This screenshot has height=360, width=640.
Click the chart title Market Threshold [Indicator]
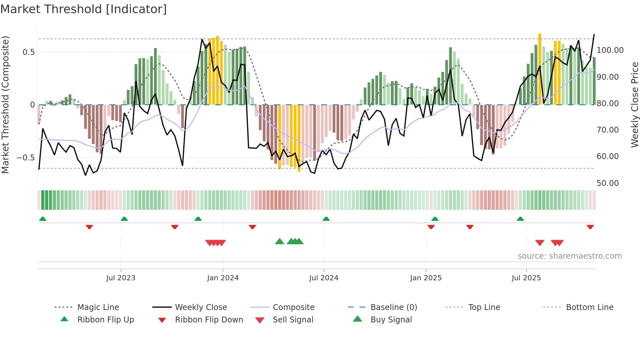pyautogui.click(x=84, y=9)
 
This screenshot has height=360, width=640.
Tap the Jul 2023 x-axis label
pyautogui.click(x=120, y=278)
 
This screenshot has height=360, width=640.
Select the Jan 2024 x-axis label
pyautogui.click(x=223, y=278)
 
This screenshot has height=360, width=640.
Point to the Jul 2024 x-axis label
pyautogui.click(x=324, y=278)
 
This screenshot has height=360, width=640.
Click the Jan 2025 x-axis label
pyautogui.click(x=426, y=278)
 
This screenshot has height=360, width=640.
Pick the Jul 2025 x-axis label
pyautogui.click(x=526, y=278)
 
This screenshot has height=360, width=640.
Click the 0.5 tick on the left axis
pyautogui.click(x=29, y=52)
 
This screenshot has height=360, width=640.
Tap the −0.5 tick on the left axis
pyautogui.click(x=26, y=158)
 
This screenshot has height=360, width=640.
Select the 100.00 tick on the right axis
pyautogui.click(x=610, y=50)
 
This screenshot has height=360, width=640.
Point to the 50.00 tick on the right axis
pyautogui.click(x=608, y=183)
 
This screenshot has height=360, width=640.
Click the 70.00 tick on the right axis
pyautogui.click(x=608, y=130)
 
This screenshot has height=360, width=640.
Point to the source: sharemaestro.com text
pyautogui.click(x=569, y=256)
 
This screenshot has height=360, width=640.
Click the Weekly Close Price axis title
pyautogui.click(x=634, y=105)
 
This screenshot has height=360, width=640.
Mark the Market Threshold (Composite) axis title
pyautogui.click(x=5, y=105)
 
